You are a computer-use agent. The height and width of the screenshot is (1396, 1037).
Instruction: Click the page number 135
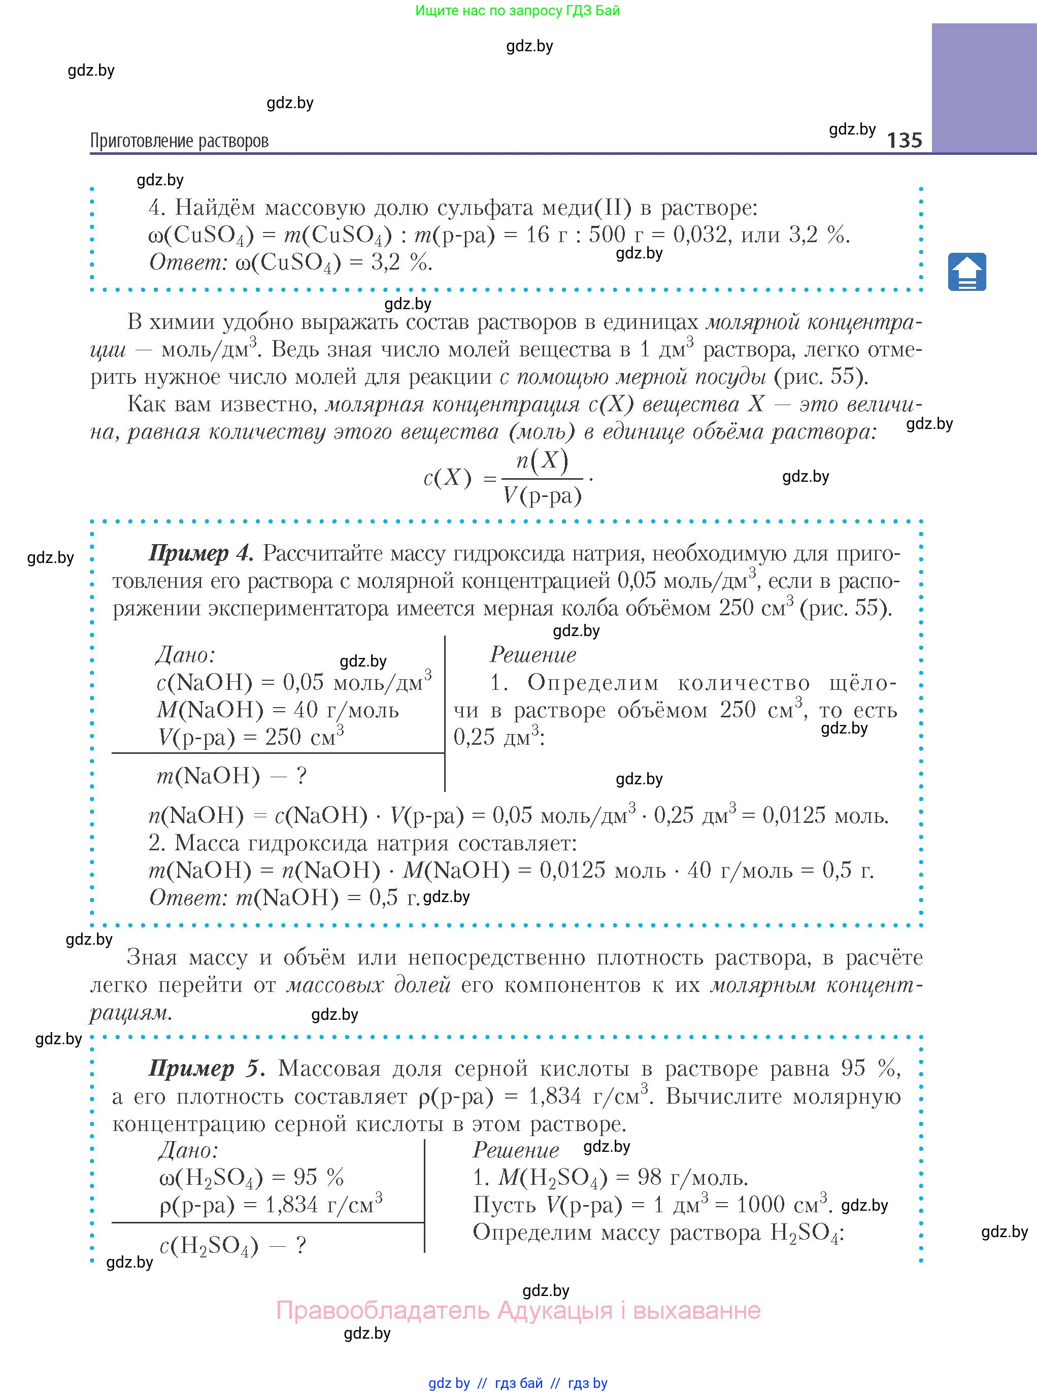click(904, 140)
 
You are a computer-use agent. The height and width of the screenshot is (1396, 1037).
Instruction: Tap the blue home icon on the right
click(966, 272)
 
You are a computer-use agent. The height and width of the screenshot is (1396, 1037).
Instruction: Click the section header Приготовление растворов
click(180, 141)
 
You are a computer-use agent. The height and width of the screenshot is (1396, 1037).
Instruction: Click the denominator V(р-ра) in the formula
click(542, 496)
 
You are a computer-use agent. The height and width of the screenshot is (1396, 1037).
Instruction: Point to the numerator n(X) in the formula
click(542, 461)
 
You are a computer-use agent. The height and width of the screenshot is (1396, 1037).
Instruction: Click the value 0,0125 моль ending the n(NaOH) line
click(825, 815)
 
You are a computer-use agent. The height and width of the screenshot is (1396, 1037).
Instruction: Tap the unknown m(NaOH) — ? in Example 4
click(231, 776)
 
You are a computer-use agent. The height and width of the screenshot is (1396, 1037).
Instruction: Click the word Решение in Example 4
click(533, 655)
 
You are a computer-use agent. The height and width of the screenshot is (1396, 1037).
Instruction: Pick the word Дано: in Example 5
click(188, 1150)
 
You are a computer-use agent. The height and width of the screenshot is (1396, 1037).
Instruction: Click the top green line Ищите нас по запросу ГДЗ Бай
click(517, 11)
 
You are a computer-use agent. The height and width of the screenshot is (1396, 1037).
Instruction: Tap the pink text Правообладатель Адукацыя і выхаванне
click(518, 1310)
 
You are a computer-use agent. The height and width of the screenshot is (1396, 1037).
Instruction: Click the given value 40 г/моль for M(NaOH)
click(346, 709)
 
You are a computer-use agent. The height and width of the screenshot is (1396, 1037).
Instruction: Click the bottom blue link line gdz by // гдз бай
click(518, 1383)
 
